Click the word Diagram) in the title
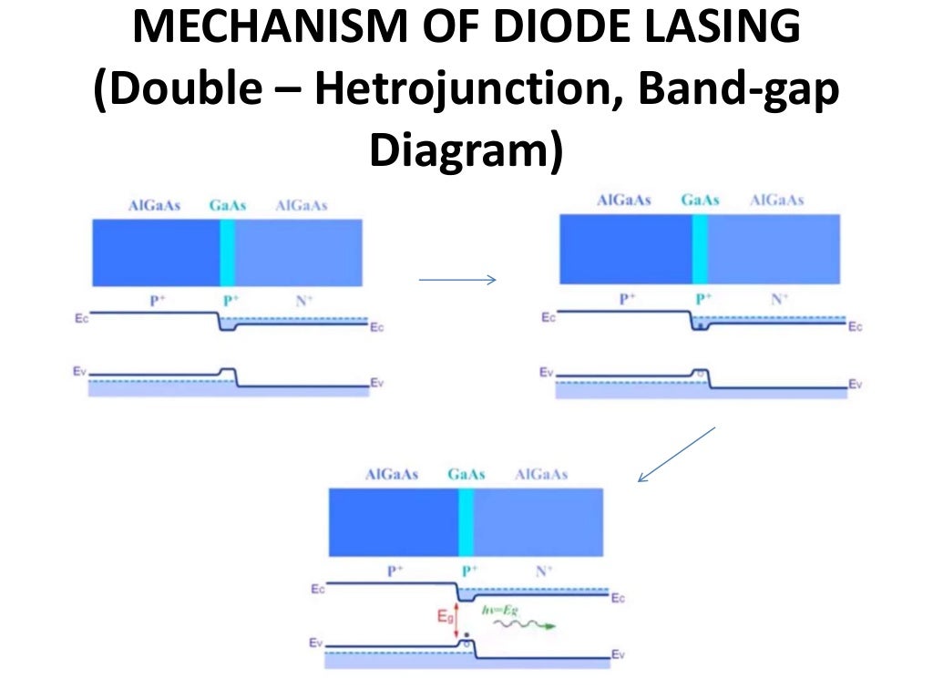click(x=466, y=150)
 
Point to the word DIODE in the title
click(x=550, y=30)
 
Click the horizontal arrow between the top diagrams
click(x=456, y=280)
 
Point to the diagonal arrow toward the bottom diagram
click(x=676, y=454)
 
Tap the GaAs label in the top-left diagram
click(x=228, y=206)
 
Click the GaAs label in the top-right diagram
click(x=700, y=201)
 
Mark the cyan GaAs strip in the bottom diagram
click(x=466, y=522)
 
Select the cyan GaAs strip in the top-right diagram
click(x=700, y=249)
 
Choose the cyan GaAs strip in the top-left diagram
click(x=228, y=252)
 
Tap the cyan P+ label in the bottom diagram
click(x=468, y=571)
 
